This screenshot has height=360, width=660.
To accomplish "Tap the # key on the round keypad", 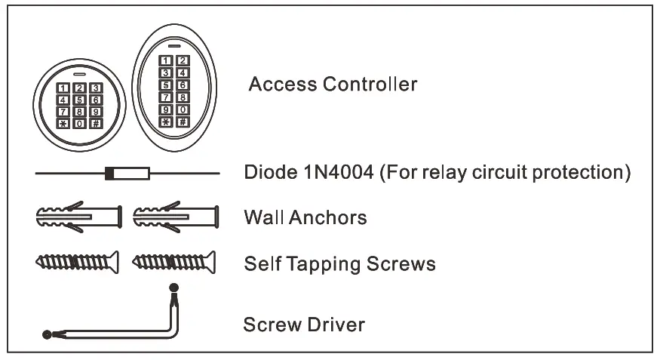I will point(96,123).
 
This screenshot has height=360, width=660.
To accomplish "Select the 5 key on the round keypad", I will point(79,100).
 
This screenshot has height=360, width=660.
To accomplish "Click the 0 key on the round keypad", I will point(79,123).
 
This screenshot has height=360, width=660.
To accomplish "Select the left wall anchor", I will point(78,217).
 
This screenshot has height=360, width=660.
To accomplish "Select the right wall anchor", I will point(175,217).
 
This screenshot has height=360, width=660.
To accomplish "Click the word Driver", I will point(336,325).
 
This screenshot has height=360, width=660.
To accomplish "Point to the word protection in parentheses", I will point(581,173).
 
